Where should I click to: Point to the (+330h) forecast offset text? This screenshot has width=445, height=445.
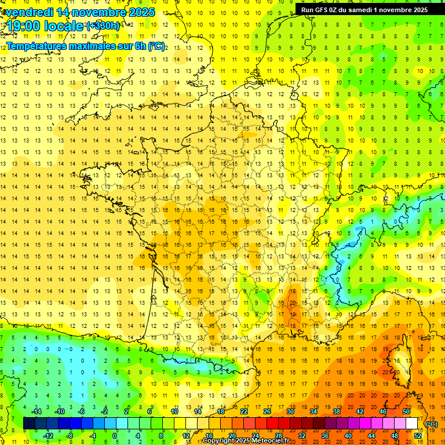(x=103, y=26)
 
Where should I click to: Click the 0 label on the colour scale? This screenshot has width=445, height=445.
(x=114, y=436)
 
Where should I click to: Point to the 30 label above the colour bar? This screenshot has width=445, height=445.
(x=290, y=411)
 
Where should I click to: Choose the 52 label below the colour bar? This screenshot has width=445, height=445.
(x=417, y=436)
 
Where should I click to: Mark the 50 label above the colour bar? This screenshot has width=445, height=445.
(x=406, y=411)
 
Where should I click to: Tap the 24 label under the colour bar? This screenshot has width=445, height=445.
(x=255, y=436)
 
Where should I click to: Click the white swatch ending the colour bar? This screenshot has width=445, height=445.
(x=411, y=424)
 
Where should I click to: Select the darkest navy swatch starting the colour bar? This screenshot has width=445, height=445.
(x=29, y=424)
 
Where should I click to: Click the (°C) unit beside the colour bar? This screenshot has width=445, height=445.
(x=431, y=424)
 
